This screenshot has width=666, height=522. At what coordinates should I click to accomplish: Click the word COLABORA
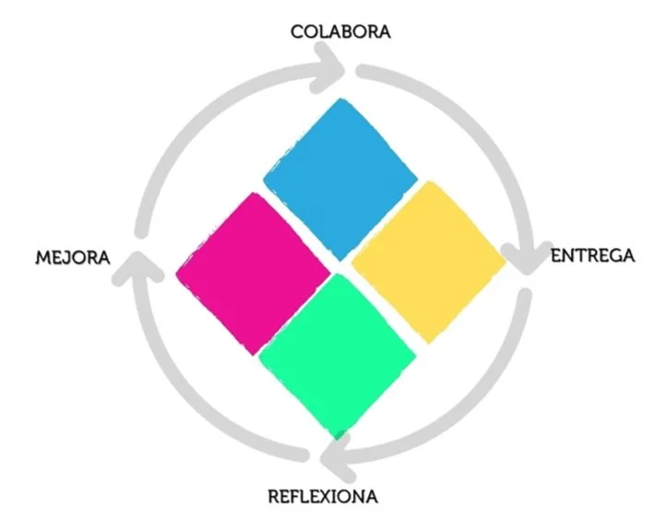[x=340, y=31]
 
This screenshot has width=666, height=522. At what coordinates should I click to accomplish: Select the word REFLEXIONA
[x=323, y=497]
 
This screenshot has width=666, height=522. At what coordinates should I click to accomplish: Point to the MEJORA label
[x=73, y=256]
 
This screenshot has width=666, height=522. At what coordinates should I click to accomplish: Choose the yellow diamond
[x=429, y=262]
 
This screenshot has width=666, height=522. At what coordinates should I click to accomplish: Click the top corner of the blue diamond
[x=342, y=101]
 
